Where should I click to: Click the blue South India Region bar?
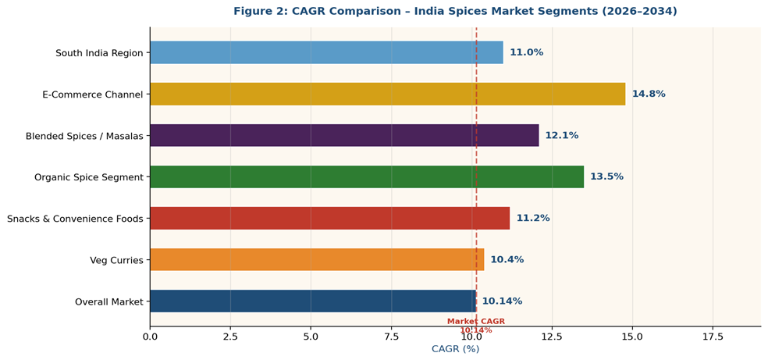326,52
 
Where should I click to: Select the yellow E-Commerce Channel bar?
387,94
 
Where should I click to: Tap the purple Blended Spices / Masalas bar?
344,135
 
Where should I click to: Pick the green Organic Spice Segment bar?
367,176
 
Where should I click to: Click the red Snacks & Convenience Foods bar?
329,218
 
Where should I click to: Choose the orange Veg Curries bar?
317,259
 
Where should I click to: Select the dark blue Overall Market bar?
312,301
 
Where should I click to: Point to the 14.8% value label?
649,94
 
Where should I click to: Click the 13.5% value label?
606,176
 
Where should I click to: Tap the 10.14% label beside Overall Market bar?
502,301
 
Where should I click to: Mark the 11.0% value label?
526,52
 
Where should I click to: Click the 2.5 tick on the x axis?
230,337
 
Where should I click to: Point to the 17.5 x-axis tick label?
713,337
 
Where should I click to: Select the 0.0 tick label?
150,337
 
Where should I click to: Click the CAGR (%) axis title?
456,349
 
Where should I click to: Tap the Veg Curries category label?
116,260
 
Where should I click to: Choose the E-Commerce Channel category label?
93,94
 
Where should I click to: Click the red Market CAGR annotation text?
476,322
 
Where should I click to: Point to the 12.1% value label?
562,135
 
